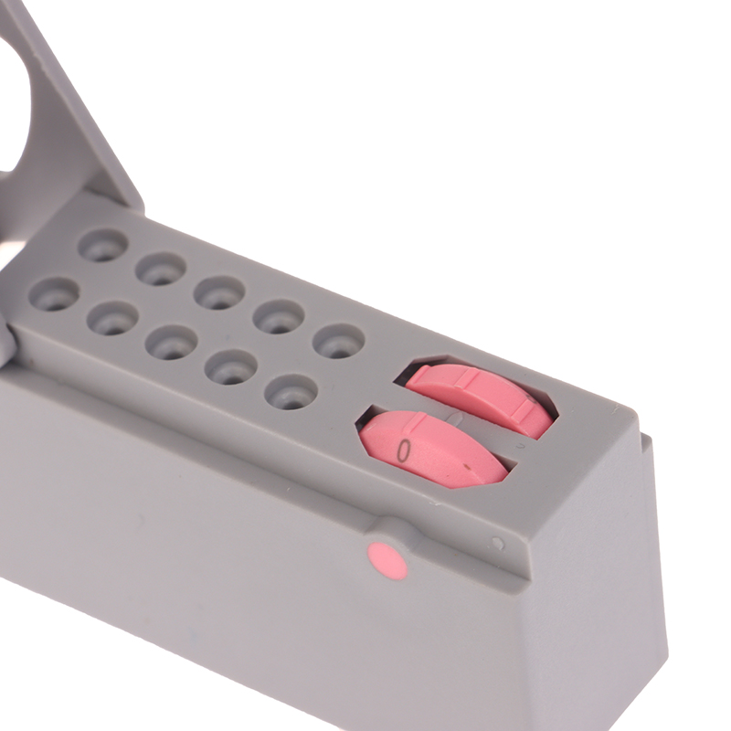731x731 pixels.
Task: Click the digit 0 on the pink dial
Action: click(x=405, y=450)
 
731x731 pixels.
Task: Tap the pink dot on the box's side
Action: click(x=387, y=560)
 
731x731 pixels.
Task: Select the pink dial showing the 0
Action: click(x=433, y=449)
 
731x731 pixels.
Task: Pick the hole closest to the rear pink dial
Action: click(x=338, y=340)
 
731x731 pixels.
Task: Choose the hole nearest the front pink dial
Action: click(x=291, y=393)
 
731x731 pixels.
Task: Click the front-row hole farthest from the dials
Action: click(x=54, y=295)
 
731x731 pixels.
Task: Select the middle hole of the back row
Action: click(x=219, y=292)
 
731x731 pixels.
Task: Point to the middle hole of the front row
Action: click(x=171, y=342)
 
